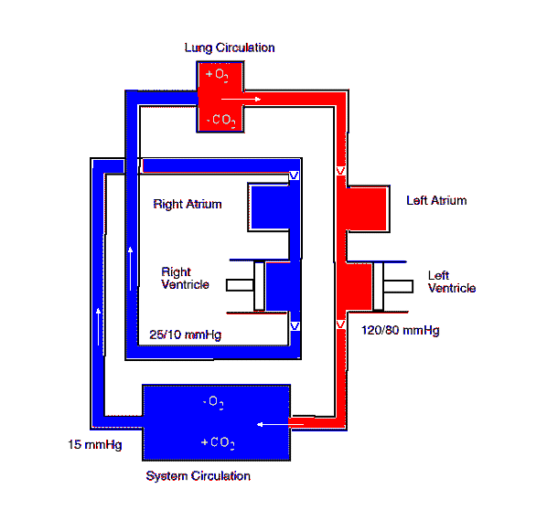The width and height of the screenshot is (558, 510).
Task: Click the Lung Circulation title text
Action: tap(230, 48)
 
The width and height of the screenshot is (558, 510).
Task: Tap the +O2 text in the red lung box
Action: tap(217, 75)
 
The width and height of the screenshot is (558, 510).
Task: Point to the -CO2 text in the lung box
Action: tap(220, 121)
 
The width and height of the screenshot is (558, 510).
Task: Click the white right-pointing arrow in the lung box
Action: tap(241, 100)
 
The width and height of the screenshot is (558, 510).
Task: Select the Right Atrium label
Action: tap(188, 204)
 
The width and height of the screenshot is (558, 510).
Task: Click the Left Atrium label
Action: tap(436, 200)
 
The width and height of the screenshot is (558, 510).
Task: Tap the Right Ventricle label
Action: tap(185, 278)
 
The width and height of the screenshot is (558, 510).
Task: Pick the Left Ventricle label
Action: tap(452, 282)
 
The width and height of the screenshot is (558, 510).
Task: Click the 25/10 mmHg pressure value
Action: tap(186, 335)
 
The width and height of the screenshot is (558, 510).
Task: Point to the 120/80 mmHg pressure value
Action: tap(401, 330)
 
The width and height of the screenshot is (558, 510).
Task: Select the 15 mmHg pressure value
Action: tap(95, 444)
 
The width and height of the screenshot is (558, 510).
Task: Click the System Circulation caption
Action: tap(199, 476)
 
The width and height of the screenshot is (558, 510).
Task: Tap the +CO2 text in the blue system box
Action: tap(218, 442)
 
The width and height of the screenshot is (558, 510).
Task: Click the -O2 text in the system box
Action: tap(213, 402)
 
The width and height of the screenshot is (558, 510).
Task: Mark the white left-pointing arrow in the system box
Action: tap(280, 424)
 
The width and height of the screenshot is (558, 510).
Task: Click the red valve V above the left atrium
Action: tap(340, 171)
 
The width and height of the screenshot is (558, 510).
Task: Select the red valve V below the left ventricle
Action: tap(340, 324)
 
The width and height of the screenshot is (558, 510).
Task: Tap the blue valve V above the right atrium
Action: tap(294, 175)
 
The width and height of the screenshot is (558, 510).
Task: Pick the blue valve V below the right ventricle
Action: tap(295, 326)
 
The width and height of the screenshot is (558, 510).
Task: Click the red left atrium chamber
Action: tap(367, 209)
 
